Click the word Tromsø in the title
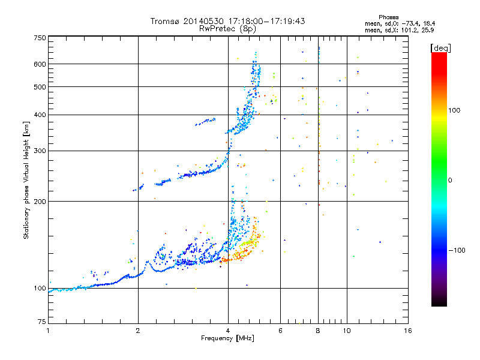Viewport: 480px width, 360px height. pyautogui.click(x=165, y=22)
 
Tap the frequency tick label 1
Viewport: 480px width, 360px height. pyautogui.click(x=48, y=331)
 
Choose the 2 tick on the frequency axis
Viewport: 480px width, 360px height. pyautogui.click(x=138, y=331)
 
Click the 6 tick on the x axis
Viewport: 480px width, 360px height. pyautogui.click(x=281, y=331)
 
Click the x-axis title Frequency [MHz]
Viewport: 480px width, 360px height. pyautogui.click(x=227, y=338)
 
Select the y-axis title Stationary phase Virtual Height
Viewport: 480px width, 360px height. pyautogui.click(x=26, y=180)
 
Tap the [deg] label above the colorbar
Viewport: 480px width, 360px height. pyautogui.click(x=441, y=47)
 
